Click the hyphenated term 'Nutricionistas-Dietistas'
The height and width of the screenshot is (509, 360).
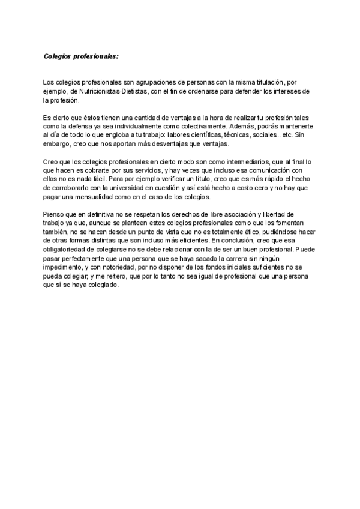click(114, 91)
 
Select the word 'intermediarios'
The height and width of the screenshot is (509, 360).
click(228, 162)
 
